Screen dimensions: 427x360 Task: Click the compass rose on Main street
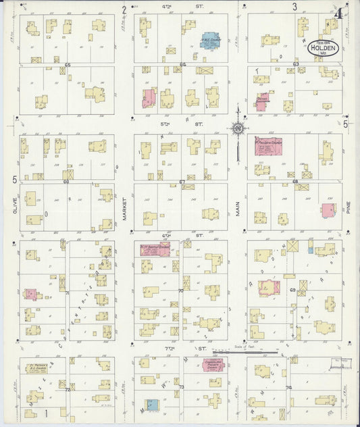pos(238,127)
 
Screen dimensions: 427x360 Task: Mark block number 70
pos(180,291)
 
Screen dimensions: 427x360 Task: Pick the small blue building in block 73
pos(153,405)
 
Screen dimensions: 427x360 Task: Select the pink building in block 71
pos(31,294)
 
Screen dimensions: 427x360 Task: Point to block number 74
pos(288,388)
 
